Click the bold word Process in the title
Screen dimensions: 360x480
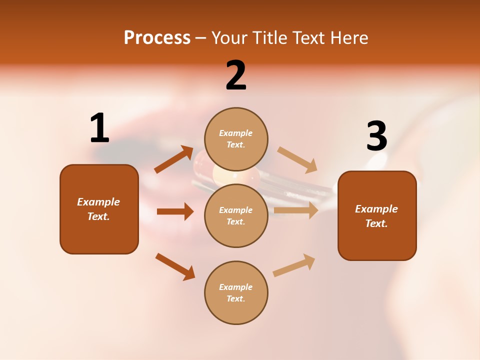point(157,38)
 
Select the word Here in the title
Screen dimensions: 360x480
point(349,38)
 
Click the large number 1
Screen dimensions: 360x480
point(99,128)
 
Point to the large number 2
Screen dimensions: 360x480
point(236,75)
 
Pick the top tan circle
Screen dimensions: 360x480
point(236,139)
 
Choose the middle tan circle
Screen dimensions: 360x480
point(236,215)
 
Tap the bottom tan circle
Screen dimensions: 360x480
point(236,292)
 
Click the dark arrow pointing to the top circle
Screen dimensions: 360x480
point(174,159)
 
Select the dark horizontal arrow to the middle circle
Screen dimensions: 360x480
point(175,211)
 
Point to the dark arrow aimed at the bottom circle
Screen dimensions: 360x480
point(175,266)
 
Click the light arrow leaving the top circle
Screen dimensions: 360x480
point(297,159)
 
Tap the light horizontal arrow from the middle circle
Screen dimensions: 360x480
point(296,210)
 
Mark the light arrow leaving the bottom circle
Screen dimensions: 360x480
point(294,265)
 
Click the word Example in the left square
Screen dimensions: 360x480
point(98,202)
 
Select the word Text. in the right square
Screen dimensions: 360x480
point(376,223)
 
